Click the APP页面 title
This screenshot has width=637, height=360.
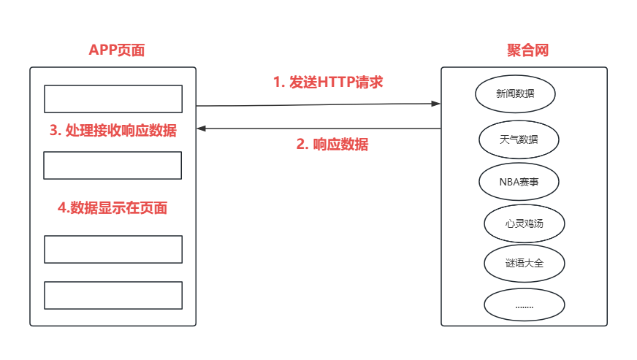tap(117, 50)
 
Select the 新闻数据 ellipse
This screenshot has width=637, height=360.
tap(515, 93)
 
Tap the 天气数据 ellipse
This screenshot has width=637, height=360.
tap(519, 139)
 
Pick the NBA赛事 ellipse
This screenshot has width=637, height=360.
tap(519, 182)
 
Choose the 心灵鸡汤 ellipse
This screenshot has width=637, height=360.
tap(524, 223)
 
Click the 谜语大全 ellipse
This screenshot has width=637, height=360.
tap(524, 263)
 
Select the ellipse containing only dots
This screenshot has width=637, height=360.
tap(524, 305)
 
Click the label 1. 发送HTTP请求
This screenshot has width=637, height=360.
tap(328, 82)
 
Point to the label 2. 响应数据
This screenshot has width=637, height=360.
tap(332, 144)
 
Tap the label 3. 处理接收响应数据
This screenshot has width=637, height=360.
tap(113, 131)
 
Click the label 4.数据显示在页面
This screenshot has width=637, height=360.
tap(112, 207)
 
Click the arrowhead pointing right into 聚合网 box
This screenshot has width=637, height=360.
tap(436, 104)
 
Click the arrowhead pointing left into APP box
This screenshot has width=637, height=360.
tap(202, 129)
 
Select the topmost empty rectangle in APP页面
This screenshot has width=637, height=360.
tap(113, 99)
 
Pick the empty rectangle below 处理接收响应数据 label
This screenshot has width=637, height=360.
tap(112, 165)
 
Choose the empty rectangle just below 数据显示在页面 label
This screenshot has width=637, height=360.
tap(113, 249)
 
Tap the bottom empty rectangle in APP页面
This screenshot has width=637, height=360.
tap(113, 295)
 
